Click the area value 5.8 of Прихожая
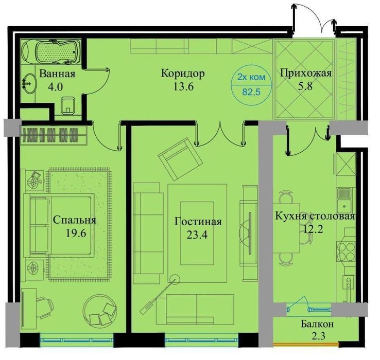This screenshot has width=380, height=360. coord(305,86)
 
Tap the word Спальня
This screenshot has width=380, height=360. coord(75,220)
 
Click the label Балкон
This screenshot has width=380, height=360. coord(317,325)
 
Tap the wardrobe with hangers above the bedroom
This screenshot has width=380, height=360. coord(55,133)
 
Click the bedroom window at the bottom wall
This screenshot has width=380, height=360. coord(76,339)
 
